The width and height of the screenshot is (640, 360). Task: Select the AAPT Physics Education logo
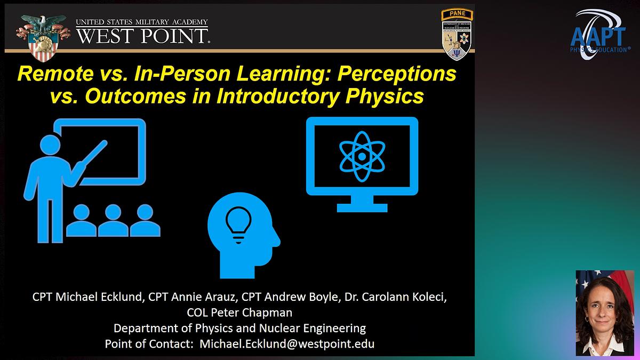601,34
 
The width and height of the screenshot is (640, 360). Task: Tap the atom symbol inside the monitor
362,156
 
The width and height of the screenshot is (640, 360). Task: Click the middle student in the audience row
114,220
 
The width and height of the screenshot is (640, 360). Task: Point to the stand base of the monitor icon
362,205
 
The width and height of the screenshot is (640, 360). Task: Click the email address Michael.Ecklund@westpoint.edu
286,343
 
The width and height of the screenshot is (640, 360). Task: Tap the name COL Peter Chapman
239,312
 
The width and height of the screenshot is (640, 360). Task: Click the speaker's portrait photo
604,313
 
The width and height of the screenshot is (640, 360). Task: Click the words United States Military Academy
141,22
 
